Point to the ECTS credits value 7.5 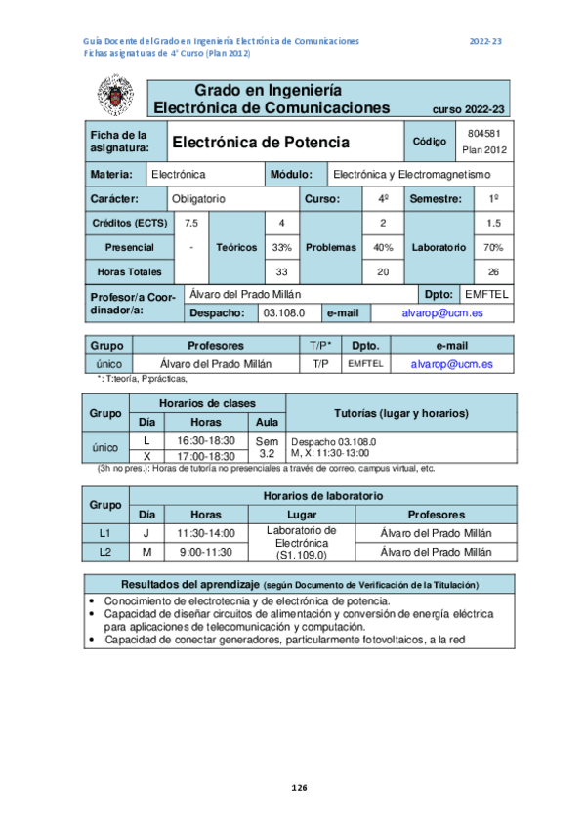tap(191, 223)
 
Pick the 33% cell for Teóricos tap(281, 247)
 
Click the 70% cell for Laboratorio tap(493, 247)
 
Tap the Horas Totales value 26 tap(493, 271)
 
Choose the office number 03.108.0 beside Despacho tap(285, 313)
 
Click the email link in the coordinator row tap(441, 313)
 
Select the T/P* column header tap(319, 346)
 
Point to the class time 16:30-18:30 tap(205, 441)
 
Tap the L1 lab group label tap(105, 533)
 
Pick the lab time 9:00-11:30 tap(205, 552)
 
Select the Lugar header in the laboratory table tap(302, 514)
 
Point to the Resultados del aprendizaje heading tap(299, 584)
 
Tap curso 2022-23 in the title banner tap(468, 109)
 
